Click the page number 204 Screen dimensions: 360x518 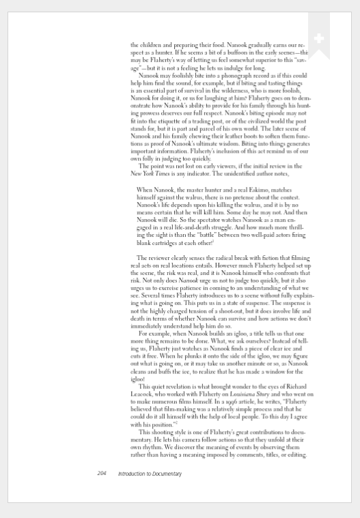pyautogui.click(x=102, y=473)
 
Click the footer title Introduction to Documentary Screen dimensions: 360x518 pyautogui.click(x=150, y=473)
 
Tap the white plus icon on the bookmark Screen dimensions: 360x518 pyautogui.click(x=318, y=38)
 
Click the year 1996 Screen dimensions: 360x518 pyautogui.click(x=210, y=403)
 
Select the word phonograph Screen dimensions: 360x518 pyautogui.click(x=223, y=75)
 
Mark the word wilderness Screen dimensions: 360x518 pyautogui.click(x=238, y=90)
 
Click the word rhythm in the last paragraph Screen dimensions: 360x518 pyautogui.click(x=152, y=448)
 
